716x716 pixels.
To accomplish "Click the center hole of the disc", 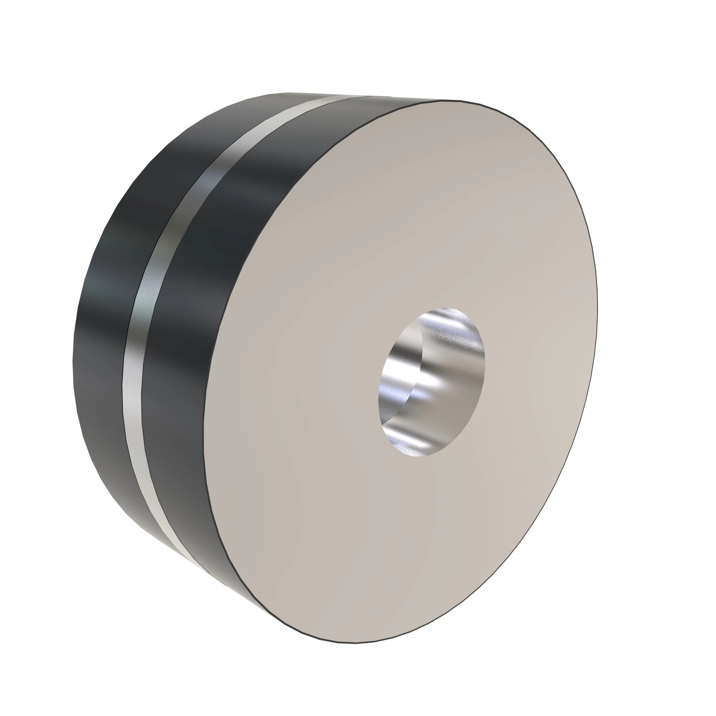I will pos(432,382).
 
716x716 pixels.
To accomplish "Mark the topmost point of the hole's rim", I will pos(445,307).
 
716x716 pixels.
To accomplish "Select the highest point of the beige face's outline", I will pos(452,101).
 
